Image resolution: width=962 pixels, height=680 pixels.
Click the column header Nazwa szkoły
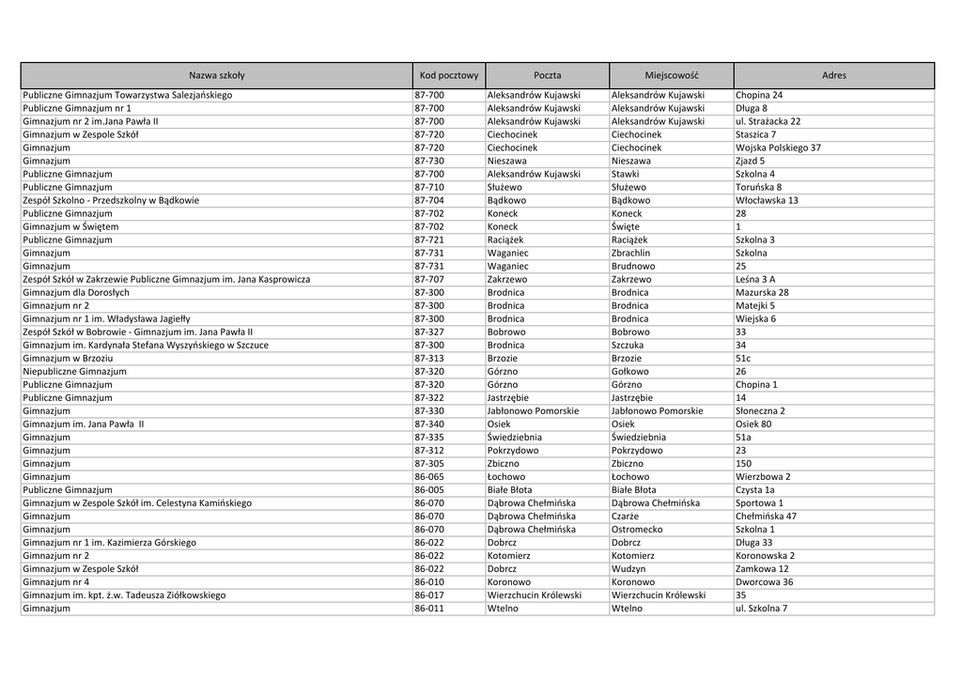pos(216,75)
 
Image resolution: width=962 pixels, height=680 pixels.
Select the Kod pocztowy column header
pos(448,75)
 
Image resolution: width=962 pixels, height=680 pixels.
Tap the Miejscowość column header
pos(672,75)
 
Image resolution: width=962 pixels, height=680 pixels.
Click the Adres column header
pos(833,75)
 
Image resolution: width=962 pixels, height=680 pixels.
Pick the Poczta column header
pos(547,75)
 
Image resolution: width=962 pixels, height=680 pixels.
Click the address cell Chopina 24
pos(759,95)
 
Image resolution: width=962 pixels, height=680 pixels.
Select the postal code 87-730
pos(429,161)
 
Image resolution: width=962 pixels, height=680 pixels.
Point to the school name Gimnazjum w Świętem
pos(71,226)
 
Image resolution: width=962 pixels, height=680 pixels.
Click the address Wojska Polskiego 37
pos(778,147)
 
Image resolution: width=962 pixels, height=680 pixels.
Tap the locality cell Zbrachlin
pos(630,253)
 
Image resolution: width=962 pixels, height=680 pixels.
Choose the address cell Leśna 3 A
pos(755,279)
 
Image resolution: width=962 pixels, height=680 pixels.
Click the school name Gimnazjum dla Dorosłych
pos(76,292)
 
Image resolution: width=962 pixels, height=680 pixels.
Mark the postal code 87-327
pos(429,332)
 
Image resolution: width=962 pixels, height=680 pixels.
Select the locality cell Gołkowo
pos(629,371)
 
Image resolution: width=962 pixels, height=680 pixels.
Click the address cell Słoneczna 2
pos(760,410)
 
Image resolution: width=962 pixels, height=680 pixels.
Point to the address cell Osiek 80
pos(753,424)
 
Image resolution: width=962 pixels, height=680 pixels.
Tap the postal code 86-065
pos(429,476)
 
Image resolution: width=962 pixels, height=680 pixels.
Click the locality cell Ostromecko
pos(636,529)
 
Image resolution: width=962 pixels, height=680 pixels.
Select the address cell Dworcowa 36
pos(764,581)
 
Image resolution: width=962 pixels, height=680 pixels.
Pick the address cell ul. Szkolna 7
pos(761,608)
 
